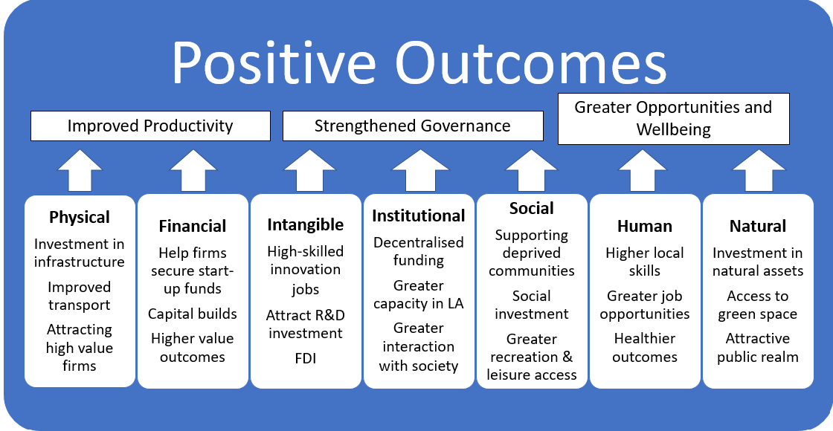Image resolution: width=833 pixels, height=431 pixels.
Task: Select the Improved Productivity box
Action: [150, 126]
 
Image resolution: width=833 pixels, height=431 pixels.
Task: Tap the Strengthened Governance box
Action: [413, 126]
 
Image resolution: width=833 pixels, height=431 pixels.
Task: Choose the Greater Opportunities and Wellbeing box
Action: [674, 119]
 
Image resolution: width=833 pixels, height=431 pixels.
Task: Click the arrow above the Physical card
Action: [80, 170]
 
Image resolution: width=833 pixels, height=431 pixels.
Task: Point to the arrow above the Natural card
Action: [758, 170]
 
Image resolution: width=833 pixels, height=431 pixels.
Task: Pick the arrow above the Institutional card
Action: [419, 170]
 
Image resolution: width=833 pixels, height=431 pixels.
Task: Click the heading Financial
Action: [193, 226]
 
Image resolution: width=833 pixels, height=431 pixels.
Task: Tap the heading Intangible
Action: [306, 224]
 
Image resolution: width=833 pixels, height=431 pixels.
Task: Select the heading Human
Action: [644, 226]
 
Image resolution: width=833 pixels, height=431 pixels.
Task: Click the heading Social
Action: [531, 208]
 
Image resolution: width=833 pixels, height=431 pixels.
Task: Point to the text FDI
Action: [306, 358]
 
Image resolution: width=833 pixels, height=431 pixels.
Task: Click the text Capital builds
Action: [193, 314]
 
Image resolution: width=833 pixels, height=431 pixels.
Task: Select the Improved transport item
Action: [80, 296]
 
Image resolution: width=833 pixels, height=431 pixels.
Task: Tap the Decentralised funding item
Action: [419, 251]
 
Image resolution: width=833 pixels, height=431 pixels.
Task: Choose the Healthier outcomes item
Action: [644, 348]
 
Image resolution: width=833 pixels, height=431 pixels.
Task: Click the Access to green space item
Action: [758, 305]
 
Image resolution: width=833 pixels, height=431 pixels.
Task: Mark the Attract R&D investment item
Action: [306, 324]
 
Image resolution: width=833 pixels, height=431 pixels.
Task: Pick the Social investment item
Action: [531, 305]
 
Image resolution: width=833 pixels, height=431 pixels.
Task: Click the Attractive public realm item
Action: [758, 348]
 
